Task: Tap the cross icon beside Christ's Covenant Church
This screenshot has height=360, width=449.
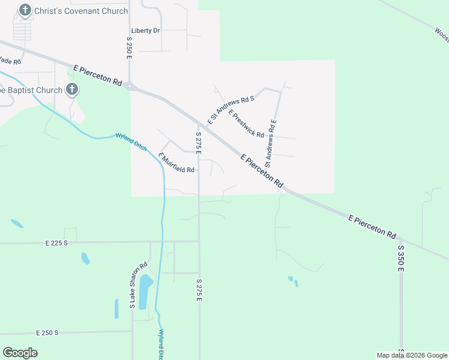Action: coord(25,10)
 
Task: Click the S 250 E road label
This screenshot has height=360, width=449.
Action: coord(129,47)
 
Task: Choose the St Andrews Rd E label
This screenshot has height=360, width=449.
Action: coord(271,143)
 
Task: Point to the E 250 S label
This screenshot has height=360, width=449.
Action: coord(47,332)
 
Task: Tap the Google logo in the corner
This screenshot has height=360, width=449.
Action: coord(20,353)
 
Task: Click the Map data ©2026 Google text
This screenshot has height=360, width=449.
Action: coord(412,355)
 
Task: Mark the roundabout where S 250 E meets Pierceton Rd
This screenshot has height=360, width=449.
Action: coord(129,86)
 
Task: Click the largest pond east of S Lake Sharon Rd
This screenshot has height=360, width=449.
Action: coord(145,291)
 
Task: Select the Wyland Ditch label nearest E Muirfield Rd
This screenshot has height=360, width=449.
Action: coord(131,142)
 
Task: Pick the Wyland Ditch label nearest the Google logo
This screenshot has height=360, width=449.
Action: coord(160,343)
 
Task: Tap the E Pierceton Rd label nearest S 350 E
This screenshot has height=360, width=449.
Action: coord(372,227)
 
